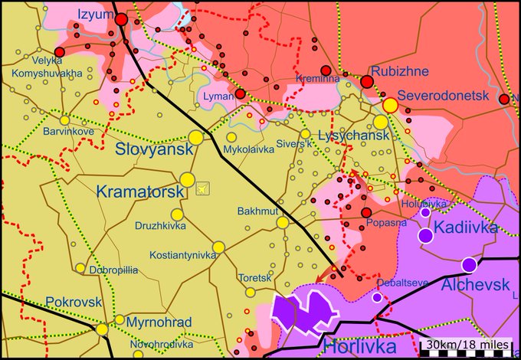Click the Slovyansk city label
154,150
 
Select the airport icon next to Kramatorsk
203,187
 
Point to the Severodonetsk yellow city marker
390,105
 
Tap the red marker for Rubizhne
367,82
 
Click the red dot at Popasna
366,213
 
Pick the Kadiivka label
465,227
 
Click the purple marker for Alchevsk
469,265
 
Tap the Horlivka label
359,346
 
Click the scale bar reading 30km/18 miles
466,345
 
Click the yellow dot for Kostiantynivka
219,247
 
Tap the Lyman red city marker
241,94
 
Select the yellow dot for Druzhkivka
177,214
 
